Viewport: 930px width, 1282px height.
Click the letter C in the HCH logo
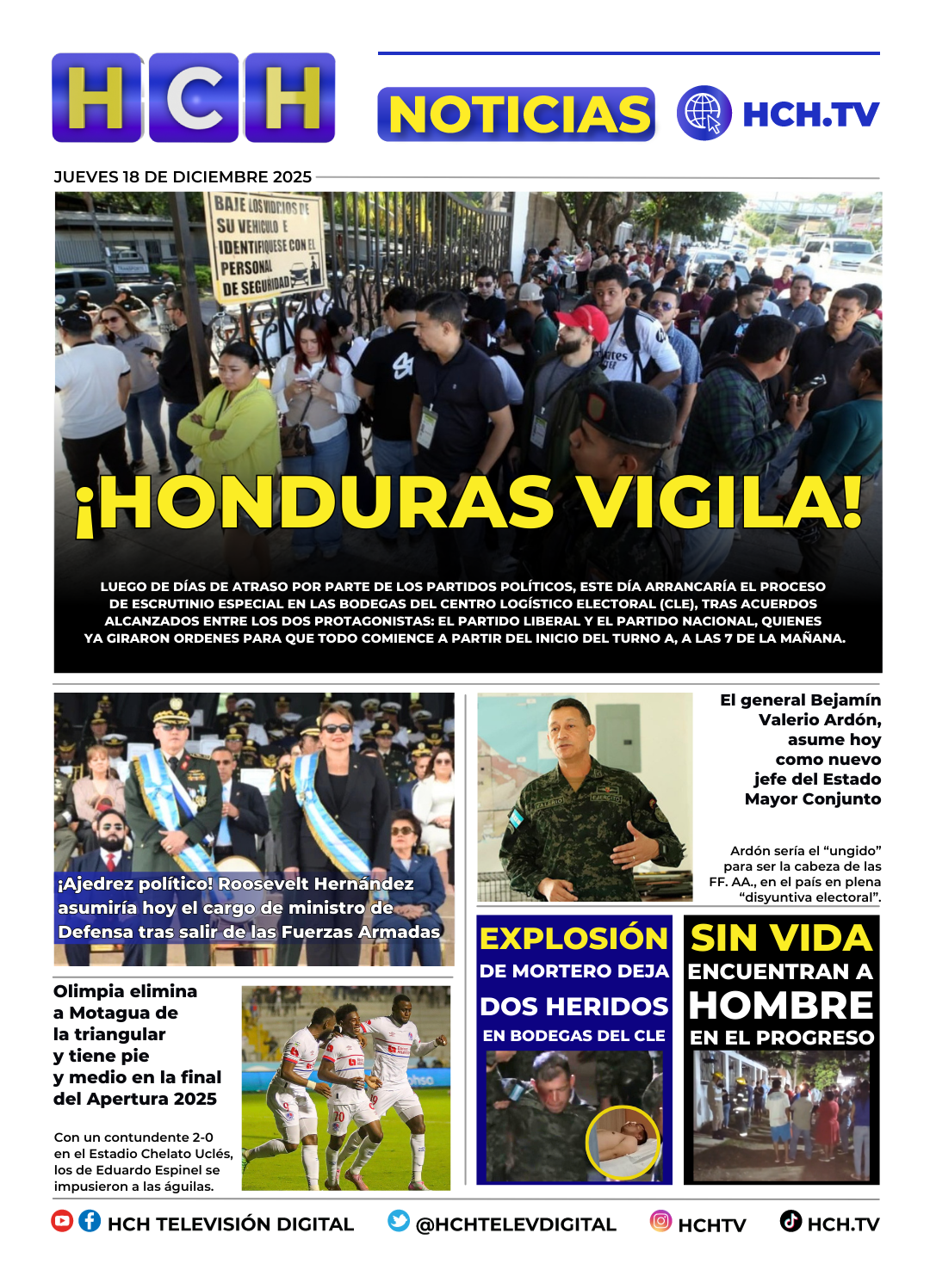(x=195, y=97)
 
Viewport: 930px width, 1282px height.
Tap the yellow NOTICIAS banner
(x=517, y=114)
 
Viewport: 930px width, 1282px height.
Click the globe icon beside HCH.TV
(x=704, y=113)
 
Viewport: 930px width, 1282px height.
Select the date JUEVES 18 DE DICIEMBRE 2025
(x=183, y=177)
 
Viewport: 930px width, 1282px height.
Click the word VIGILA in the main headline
(x=719, y=502)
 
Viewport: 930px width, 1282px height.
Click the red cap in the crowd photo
(x=584, y=319)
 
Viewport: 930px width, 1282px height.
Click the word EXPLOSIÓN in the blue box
(x=573, y=938)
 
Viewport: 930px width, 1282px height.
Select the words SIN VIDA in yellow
(x=782, y=938)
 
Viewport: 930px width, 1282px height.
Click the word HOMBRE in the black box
(x=782, y=1005)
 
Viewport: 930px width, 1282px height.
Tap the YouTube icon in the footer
(x=62, y=1221)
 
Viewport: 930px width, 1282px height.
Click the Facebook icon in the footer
(x=90, y=1221)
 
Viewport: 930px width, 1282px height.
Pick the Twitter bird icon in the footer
(x=398, y=1221)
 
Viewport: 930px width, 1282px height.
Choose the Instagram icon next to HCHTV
(x=660, y=1221)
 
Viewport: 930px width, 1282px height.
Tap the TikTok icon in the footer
(x=790, y=1221)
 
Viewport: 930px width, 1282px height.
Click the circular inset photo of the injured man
(x=623, y=1142)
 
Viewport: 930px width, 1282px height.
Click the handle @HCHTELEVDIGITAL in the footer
(x=516, y=1224)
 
